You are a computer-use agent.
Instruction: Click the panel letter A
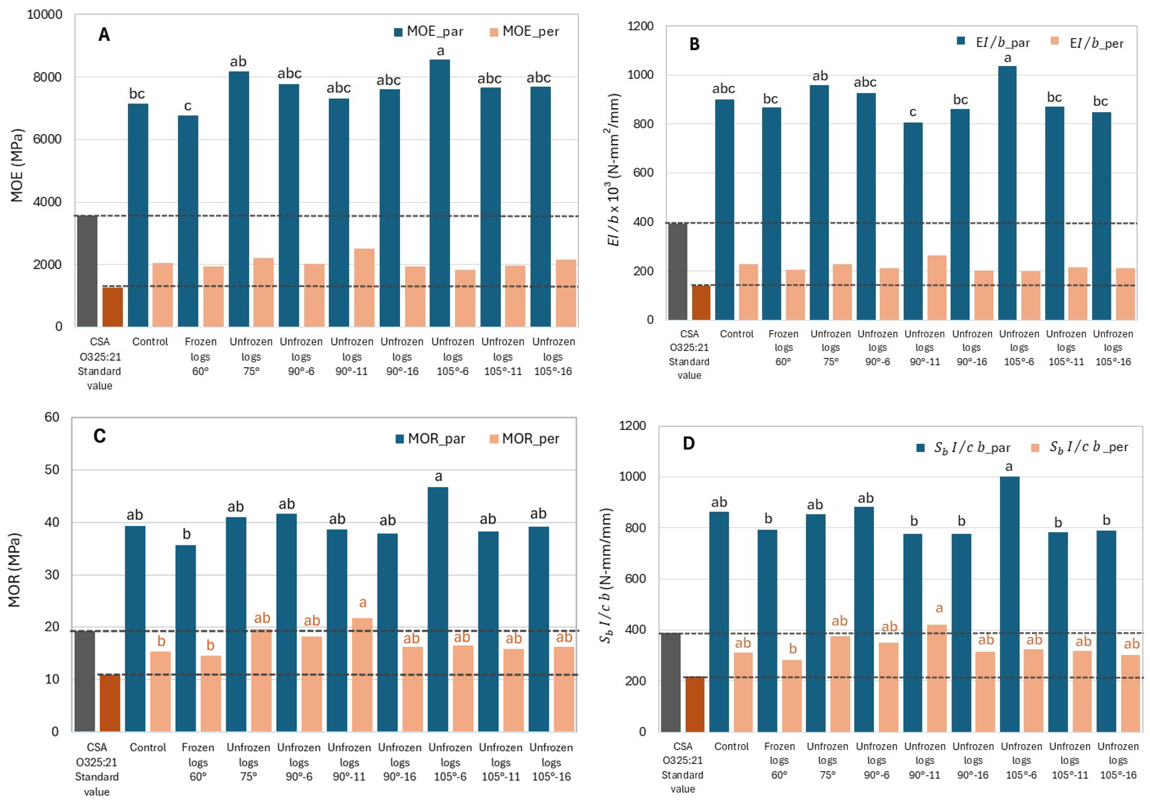pyautogui.click(x=104, y=35)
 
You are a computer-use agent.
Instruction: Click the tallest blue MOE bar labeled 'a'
pyautogui.click(x=439, y=193)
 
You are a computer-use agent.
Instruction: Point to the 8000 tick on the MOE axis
pyautogui.click(x=47, y=77)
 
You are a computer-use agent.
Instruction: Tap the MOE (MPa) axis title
pyautogui.click(x=17, y=165)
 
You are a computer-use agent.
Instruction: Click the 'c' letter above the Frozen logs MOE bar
pyautogui.click(x=188, y=106)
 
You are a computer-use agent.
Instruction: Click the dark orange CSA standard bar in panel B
pyautogui.click(x=701, y=302)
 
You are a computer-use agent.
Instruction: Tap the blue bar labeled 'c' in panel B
pyautogui.click(x=913, y=221)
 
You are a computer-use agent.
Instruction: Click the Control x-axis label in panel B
pyautogui.click(x=736, y=334)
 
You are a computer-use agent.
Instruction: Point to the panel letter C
pyautogui.click(x=99, y=436)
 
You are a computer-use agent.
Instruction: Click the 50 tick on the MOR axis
pyautogui.click(x=52, y=470)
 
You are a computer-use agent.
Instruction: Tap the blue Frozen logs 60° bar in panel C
pyautogui.click(x=185, y=638)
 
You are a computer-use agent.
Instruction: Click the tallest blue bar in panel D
pyautogui.click(x=1009, y=604)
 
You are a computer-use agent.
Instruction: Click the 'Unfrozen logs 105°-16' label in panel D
pyautogui.click(x=1117, y=761)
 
